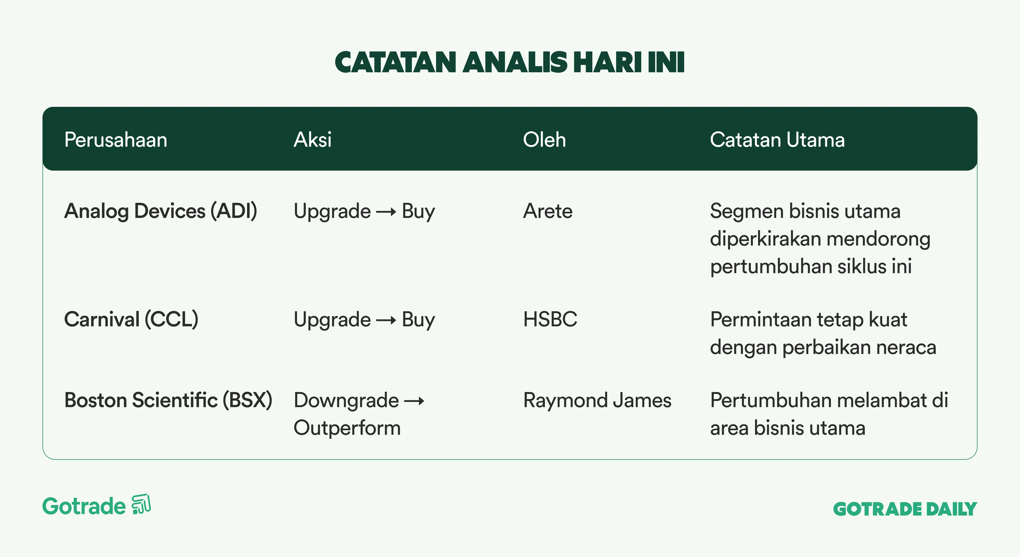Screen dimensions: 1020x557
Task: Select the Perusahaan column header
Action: (116, 140)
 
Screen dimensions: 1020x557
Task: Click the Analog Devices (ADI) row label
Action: (160, 211)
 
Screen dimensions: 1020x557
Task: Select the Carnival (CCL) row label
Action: (131, 319)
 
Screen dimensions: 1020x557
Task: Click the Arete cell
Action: (548, 211)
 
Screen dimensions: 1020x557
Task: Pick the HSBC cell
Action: (550, 319)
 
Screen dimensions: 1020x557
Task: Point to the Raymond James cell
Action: (597, 400)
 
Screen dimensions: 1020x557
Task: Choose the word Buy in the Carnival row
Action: (418, 320)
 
